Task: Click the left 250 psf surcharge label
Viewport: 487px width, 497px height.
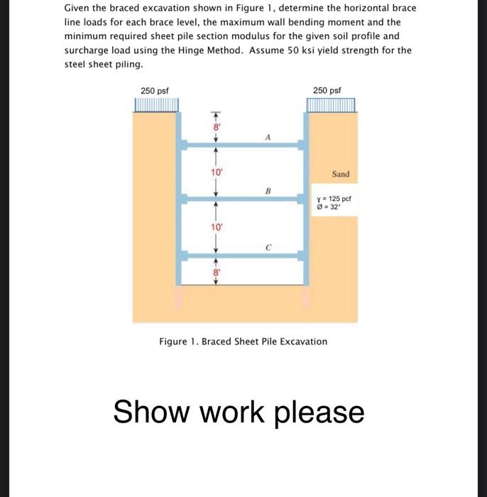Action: [x=154, y=91]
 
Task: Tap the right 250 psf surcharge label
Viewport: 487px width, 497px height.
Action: [x=327, y=91]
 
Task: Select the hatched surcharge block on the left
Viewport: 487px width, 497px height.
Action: [x=156, y=106]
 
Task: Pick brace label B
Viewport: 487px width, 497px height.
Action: [x=268, y=190]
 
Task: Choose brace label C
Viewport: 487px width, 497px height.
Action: [x=267, y=247]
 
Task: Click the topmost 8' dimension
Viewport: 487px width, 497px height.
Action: [x=210, y=128]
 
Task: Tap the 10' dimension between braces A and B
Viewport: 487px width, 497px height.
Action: [x=211, y=172]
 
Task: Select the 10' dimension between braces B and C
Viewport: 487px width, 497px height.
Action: [x=211, y=227]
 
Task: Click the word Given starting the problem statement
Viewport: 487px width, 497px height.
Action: [x=77, y=8]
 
